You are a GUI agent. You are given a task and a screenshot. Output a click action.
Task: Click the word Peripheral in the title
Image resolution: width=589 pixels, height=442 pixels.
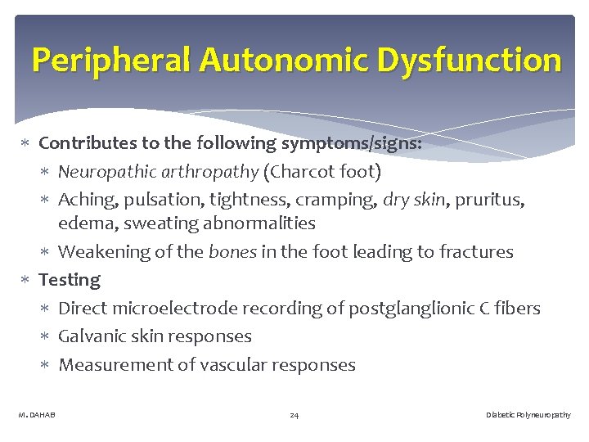tap(111, 61)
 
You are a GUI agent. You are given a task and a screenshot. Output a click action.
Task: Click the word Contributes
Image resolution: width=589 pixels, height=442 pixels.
tap(88, 143)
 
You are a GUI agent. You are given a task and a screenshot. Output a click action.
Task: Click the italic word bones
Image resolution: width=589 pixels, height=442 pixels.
tap(232, 251)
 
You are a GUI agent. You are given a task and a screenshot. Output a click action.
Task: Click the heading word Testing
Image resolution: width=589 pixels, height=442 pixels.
tap(70, 280)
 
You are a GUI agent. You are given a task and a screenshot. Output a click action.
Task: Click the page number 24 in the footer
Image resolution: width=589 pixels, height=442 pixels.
tap(294, 416)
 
